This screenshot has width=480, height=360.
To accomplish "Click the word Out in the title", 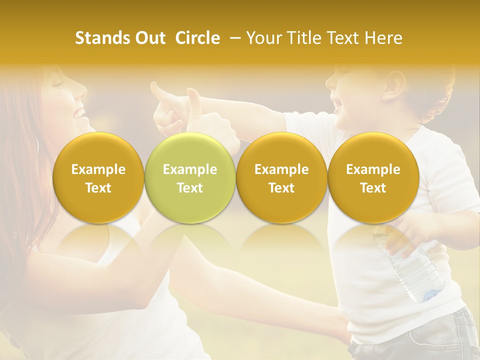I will click(149, 38).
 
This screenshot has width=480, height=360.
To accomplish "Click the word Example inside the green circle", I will click(189, 169).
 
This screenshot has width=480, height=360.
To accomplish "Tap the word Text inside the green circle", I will click(189, 188).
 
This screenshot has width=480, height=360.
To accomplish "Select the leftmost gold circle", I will click(98, 177).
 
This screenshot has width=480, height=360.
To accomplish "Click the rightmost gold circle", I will click(373, 177).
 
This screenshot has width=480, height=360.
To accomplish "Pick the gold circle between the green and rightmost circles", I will click(281, 177).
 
